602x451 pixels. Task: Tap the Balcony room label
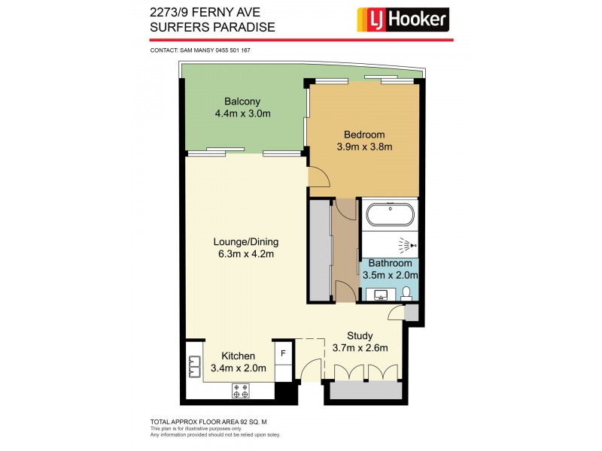pyautogui.click(x=242, y=101)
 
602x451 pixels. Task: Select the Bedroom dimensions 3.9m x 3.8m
pyautogui.click(x=364, y=147)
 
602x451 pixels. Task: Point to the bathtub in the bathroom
pyautogui.click(x=389, y=214)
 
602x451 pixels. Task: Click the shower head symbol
pyautogui.click(x=406, y=245)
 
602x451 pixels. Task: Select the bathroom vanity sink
pyautogui.click(x=380, y=293)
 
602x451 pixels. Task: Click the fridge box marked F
pyautogui.click(x=283, y=352)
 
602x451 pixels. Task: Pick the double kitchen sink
pyautogui.click(x=193, y=367)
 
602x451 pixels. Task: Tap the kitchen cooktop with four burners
pyautogui.click(x=242, y=390)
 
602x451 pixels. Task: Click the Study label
pyautogui.click(x=360, y=336)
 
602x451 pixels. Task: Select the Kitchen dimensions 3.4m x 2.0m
pyautogui.click(x=239, y=368)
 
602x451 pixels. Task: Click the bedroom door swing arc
pyautogui.click(x=319, y=177)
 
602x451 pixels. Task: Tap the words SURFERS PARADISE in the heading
pyautogui.click(x=213, y=28)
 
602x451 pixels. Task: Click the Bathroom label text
pyautogui.click(x=390, y=264)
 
